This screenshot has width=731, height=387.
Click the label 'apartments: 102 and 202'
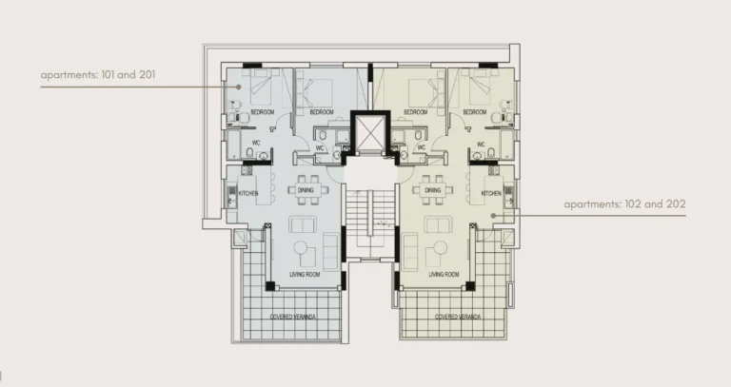coord(625,203)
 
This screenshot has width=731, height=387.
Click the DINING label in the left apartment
coord(306,190)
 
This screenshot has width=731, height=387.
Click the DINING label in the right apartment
coord(432,190)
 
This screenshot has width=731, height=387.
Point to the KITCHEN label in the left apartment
coord(248,194)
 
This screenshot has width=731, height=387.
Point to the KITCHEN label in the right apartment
coord(491,194)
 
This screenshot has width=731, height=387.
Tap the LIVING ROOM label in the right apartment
coord(444,275)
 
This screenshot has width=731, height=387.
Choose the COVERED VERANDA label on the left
coord(292,317)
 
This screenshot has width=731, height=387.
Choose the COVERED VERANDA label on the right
coord(456,317)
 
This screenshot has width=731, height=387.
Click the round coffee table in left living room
coord(301,249)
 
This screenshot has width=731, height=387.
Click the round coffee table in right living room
coord(440,249)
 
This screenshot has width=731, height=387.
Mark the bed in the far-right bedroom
coord(477,92)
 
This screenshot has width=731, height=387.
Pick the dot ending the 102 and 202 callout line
coord(492,216)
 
